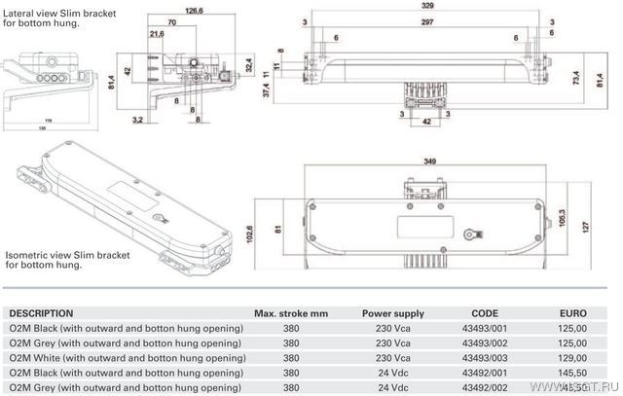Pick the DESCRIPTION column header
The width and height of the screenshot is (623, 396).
(x=40, y=313)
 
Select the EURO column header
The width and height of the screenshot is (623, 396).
(x=575, y=313)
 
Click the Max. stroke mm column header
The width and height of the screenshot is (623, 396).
(x=291, y=313)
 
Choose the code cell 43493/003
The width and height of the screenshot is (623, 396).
(x=485, y=358)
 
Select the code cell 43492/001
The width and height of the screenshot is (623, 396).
(x=485, y=372)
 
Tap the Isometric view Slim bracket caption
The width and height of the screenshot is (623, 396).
(x=66, y=254)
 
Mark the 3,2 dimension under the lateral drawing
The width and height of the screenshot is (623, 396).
(x=138, y=118)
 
